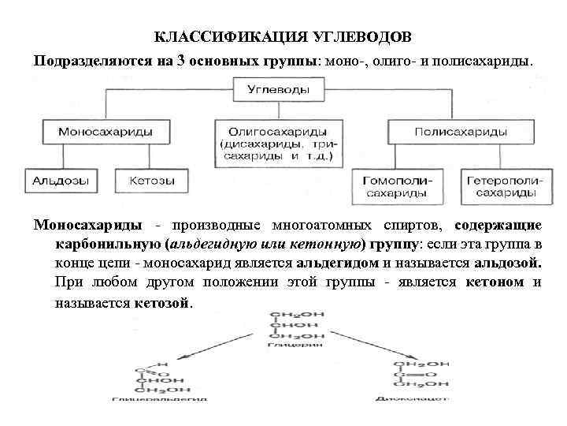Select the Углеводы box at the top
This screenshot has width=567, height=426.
tap(279, 90)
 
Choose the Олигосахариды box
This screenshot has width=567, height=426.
tap(276, 143)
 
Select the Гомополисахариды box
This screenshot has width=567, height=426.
tap(401, 186)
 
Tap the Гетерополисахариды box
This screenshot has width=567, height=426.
tap(502, 186)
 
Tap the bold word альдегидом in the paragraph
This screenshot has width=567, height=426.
tap(340, 262)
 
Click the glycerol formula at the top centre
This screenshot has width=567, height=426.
tap(291, 330)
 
